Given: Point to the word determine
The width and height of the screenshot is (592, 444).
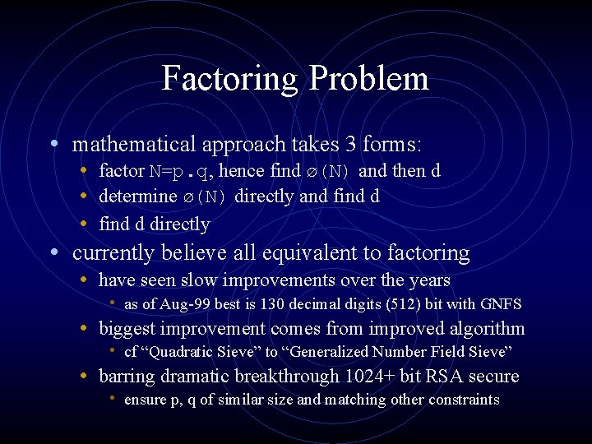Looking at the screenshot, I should [137, 197].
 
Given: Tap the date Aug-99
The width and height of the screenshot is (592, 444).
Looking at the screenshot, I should [186, 304].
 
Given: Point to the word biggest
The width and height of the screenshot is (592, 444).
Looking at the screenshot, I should [128, 330].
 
